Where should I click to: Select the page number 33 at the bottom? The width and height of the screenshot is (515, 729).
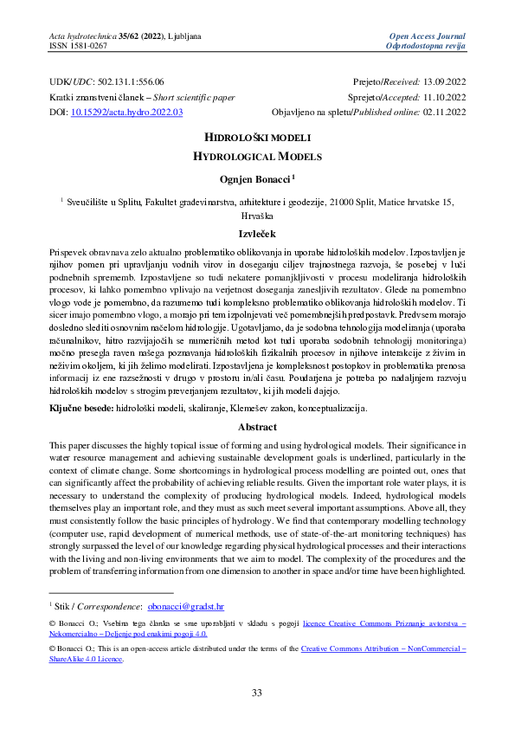[x=257, y=693]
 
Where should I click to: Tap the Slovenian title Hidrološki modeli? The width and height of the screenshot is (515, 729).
[x=256, y=139]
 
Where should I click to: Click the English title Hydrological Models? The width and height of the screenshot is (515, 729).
[x=256, y=158]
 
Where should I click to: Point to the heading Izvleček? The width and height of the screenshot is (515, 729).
[x=257, y=235]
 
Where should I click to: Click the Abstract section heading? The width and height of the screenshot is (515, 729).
[x=257, y=427]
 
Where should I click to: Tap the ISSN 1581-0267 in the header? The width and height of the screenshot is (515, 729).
[x=78, y=44]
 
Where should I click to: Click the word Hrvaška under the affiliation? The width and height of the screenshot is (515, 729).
[x=257, y=216]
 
